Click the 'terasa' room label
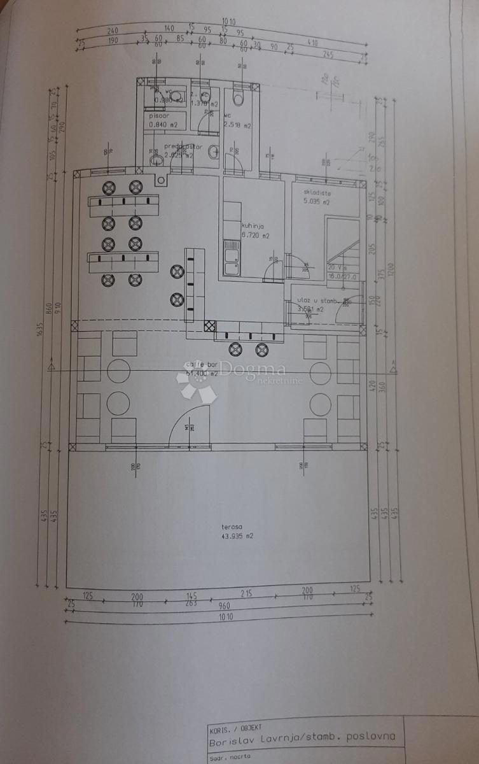231,527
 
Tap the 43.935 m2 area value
237,536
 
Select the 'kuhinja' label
253,225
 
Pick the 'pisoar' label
159,116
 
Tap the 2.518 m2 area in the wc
237,126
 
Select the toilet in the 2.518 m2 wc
239,97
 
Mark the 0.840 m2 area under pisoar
161,125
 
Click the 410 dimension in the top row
314,43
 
